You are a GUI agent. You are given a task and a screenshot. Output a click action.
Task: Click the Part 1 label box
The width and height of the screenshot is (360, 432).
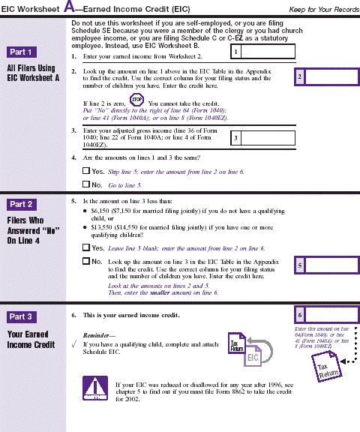pos(20,52)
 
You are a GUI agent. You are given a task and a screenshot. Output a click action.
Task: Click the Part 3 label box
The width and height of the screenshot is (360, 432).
pos(20,316)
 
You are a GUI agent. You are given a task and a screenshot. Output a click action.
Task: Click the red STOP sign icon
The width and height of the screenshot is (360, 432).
pos(136,100)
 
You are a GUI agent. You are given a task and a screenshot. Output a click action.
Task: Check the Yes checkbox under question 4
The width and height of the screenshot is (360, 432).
pos(85,172)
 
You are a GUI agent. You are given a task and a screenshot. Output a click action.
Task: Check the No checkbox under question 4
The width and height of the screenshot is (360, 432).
pos(85,184)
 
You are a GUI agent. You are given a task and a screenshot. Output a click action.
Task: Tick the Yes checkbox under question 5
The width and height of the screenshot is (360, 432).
pos(85,247)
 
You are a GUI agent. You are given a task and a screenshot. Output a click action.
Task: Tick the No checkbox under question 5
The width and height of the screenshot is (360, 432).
pos(85,261)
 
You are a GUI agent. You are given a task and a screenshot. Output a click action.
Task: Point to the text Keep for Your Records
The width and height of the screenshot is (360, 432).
pos(319,8)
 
